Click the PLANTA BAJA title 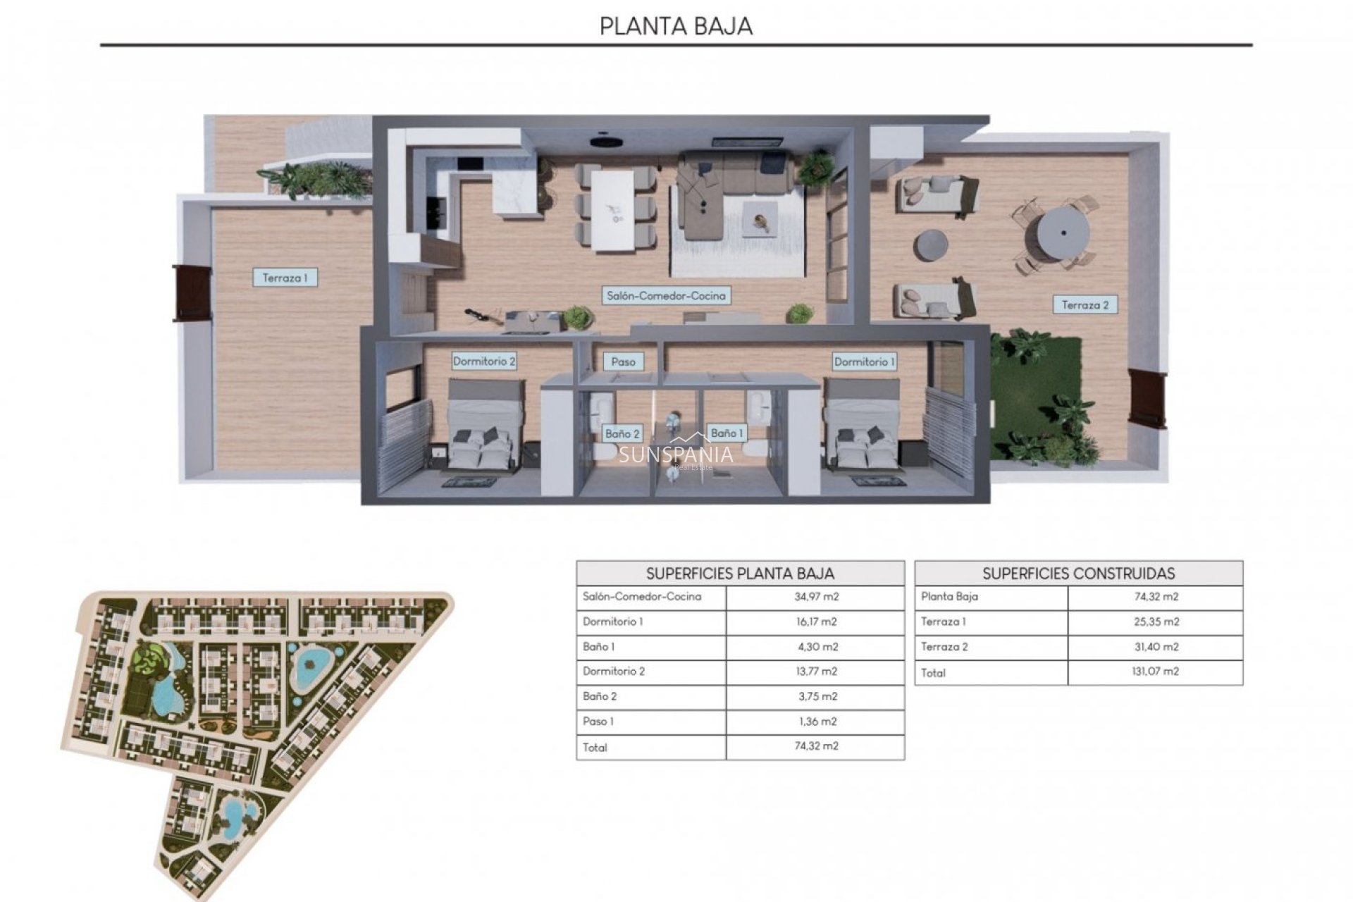(x=676, y=26)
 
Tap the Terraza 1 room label (x=285, y=278)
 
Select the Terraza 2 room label (x=1085, y=305)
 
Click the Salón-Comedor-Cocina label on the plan (x=666, y=296)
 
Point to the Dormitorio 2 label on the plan (x=484, y=362)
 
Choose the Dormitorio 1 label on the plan (x=865, y=362)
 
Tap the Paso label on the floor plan (x=623, y=362)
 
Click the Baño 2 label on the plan (x=622, y=433)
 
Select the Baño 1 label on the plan (x=727, y=433)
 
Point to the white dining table (x=614, y=211)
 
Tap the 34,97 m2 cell (x=816, y=597)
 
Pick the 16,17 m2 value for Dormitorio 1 (x=816, y=622)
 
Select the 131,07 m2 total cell (x=1155, y=672)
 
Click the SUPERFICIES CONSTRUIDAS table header (x=1078, y=574)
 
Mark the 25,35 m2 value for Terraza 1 (x=1155, y=622)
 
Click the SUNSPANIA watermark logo (x=676, y=455)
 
